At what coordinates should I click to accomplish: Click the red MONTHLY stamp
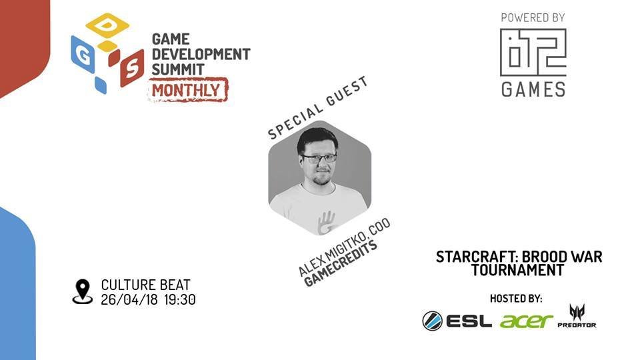(188, 90)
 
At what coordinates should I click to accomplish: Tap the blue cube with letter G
(83, 54)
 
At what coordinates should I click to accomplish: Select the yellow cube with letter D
(107, 25)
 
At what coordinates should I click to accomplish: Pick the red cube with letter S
(132, 68)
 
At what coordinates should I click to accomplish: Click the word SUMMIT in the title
(178, 69)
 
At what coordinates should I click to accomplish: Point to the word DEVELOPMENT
(201, 54)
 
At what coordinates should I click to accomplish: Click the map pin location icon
(83, 291)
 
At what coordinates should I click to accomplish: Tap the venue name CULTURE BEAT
(146, 285)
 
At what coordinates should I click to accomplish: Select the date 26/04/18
(129, 299)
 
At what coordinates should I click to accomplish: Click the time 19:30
(180, 299)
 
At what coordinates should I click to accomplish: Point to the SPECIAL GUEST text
(318, 108)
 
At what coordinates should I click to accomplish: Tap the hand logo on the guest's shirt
(326, 223)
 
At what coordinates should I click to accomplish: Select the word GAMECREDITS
(341, 264)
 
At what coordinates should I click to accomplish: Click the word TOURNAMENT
(517, 270)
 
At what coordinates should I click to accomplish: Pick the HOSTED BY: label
(516, 299)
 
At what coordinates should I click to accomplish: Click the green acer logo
(526, 321)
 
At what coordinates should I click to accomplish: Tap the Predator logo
(577, 316)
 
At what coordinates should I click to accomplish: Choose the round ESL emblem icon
(432, 321)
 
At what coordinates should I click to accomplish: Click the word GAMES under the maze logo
(533, 89)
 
